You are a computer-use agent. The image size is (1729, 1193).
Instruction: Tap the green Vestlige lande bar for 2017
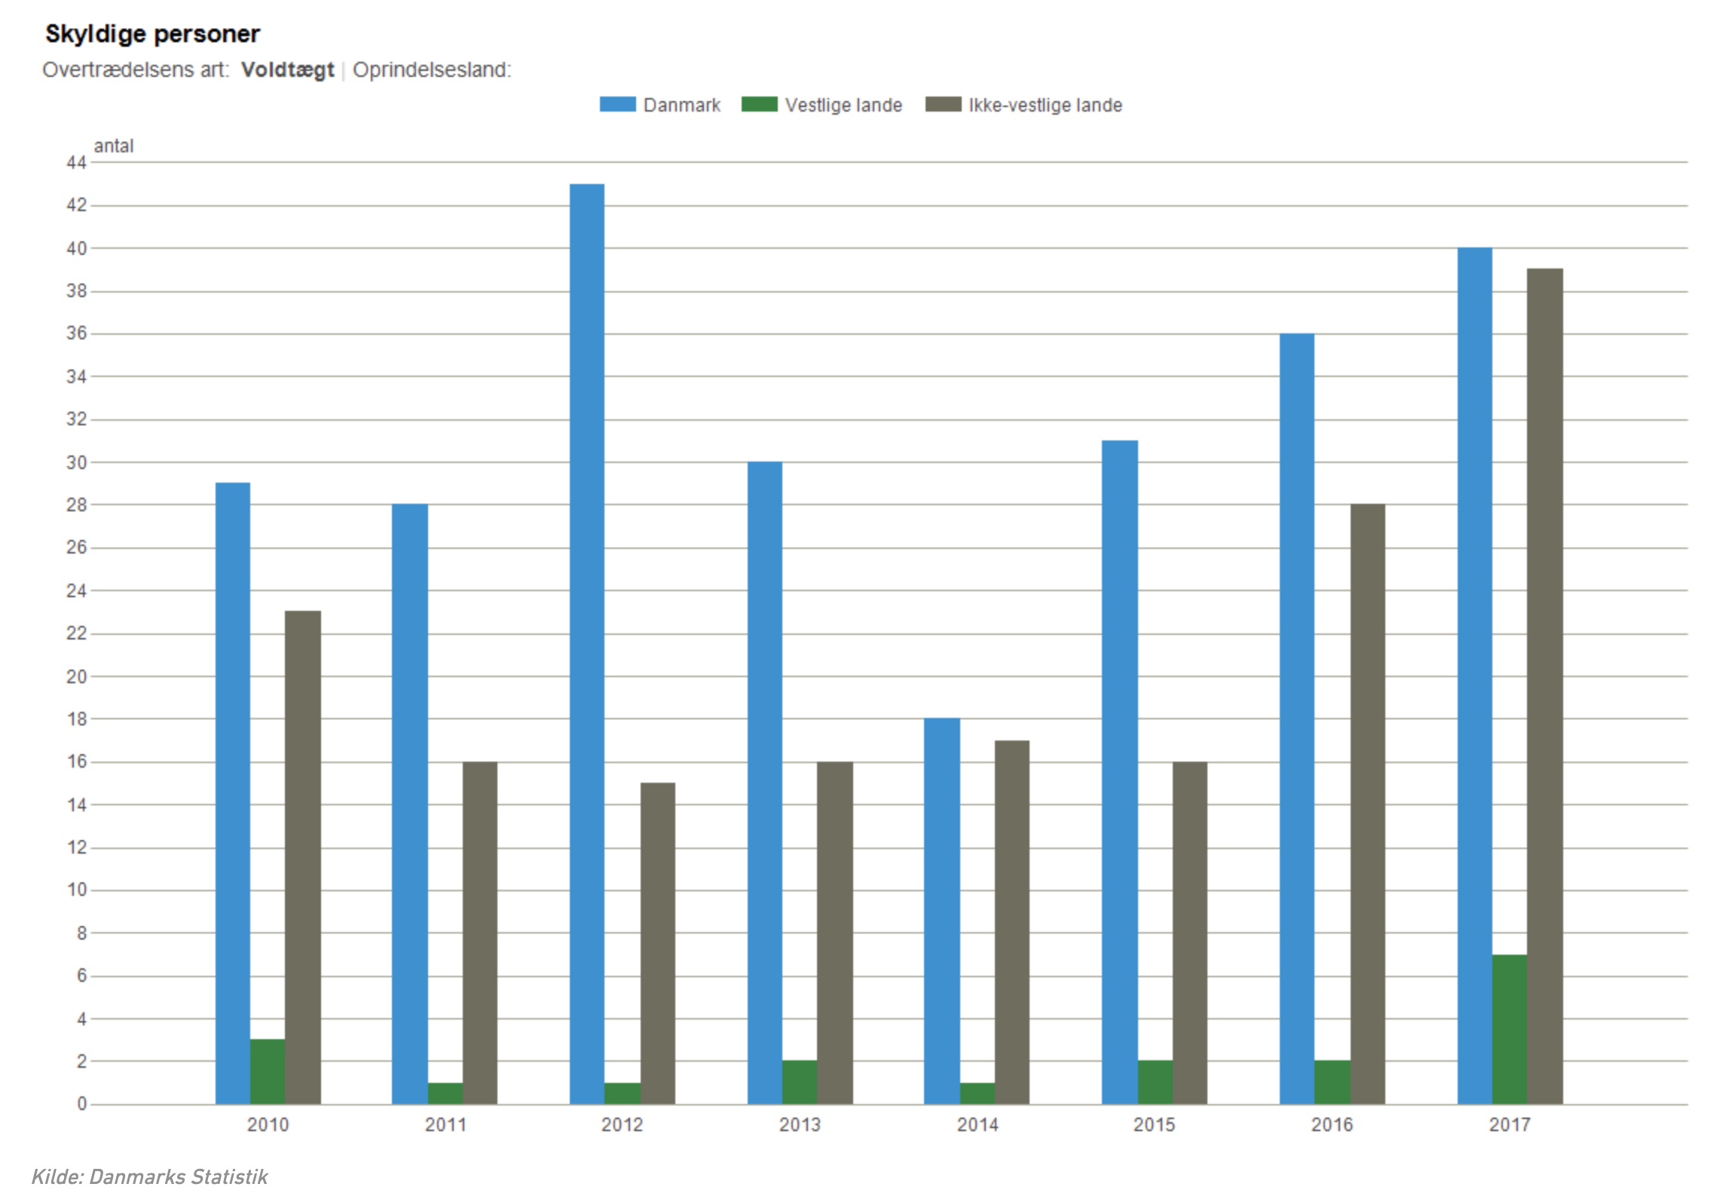[1510, 1029]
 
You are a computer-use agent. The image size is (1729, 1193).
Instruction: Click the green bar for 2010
[268, 1072]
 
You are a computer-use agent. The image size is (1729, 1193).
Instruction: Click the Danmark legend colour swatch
[617, 104]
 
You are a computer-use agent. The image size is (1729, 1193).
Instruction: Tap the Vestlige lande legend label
[843, 105]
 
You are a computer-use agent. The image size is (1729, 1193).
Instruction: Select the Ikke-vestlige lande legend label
[1045, 105]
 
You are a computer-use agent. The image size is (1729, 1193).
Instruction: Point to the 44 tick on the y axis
[77, 162]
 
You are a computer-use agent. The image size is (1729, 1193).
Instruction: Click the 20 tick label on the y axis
[77, 676]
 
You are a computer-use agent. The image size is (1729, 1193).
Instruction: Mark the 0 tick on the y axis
[81, 1104]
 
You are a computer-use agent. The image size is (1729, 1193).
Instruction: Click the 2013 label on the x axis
[800, 1125]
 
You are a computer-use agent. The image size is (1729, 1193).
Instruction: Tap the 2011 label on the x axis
[445, 1125]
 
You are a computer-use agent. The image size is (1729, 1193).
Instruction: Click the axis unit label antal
[114, 146]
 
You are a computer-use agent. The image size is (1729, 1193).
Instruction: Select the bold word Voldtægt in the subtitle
[287, 69]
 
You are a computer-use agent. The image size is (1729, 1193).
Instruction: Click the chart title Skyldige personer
[152, 34]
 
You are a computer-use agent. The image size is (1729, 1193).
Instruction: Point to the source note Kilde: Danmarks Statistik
[149, 1176]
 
